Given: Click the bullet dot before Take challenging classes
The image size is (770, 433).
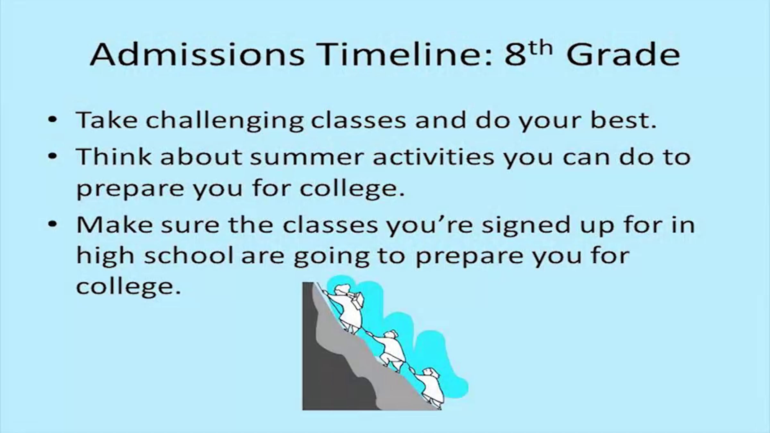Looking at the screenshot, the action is coord(52,121).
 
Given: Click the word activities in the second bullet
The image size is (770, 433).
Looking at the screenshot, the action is coord(433,157).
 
